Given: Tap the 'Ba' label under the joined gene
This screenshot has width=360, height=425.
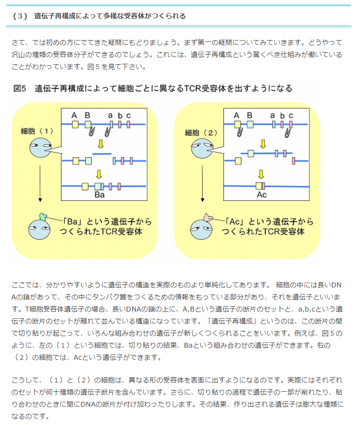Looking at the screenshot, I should coord(99,195).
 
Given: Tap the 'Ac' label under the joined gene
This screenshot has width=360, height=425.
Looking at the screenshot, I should coord(261,195).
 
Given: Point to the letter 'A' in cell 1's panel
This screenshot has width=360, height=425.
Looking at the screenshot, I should coord(74,115).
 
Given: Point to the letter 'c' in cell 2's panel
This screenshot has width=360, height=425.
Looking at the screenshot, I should coord(291,115).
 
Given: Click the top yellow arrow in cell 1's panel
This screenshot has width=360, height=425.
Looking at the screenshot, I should coord(100,144).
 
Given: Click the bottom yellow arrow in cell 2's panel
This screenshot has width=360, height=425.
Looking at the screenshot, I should coord(261,174).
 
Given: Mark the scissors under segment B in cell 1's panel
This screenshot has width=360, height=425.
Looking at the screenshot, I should coord(91,132).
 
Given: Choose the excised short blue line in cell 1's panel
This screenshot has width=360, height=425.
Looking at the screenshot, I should coord(101,153).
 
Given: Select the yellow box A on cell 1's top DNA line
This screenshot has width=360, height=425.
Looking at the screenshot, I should coord(75,124).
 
